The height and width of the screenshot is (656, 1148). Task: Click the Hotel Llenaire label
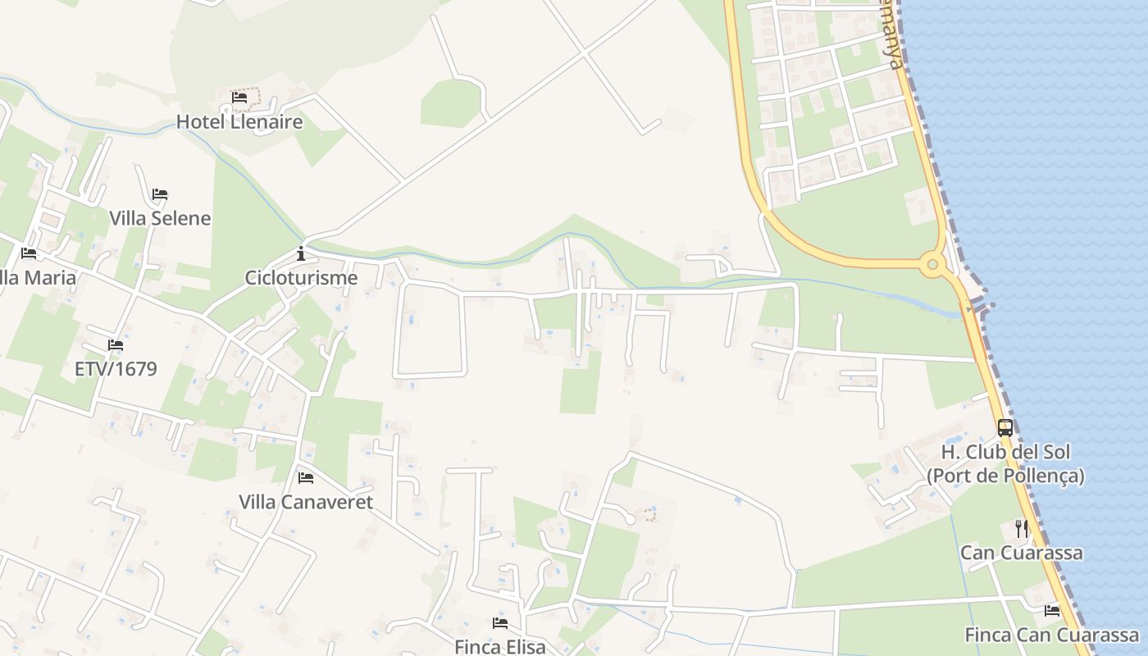(239, 122)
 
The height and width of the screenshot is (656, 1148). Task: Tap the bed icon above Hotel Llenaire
(239, 97)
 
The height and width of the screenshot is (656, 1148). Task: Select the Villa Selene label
(160, 218)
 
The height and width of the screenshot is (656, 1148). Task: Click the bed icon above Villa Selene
(160, 194)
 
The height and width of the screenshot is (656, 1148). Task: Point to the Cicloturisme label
(301, 277)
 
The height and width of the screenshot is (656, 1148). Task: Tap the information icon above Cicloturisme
(301, 253)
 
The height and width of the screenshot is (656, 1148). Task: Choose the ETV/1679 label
(116, 369)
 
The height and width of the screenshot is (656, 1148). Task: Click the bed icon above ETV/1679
(116, 345)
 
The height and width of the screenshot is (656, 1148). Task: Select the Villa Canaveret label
(306, 502)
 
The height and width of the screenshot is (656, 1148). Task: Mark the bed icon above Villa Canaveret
(306, 477)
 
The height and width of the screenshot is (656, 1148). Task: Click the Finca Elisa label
(500, 647)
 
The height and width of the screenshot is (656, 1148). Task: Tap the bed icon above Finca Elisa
(500, 623)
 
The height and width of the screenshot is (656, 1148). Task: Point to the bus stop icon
(1005, 427)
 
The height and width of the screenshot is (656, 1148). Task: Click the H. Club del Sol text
(1005, 452)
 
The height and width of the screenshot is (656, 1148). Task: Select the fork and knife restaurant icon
(1022, 529)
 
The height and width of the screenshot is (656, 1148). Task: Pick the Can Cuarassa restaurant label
(1022, 553)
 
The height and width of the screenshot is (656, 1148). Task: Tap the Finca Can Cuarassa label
(1052, 635)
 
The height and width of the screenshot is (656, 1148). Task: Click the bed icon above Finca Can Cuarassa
(1052, 611)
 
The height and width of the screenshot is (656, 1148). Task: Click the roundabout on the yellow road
(932, 264)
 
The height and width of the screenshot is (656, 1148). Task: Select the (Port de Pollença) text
(1005, 476)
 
